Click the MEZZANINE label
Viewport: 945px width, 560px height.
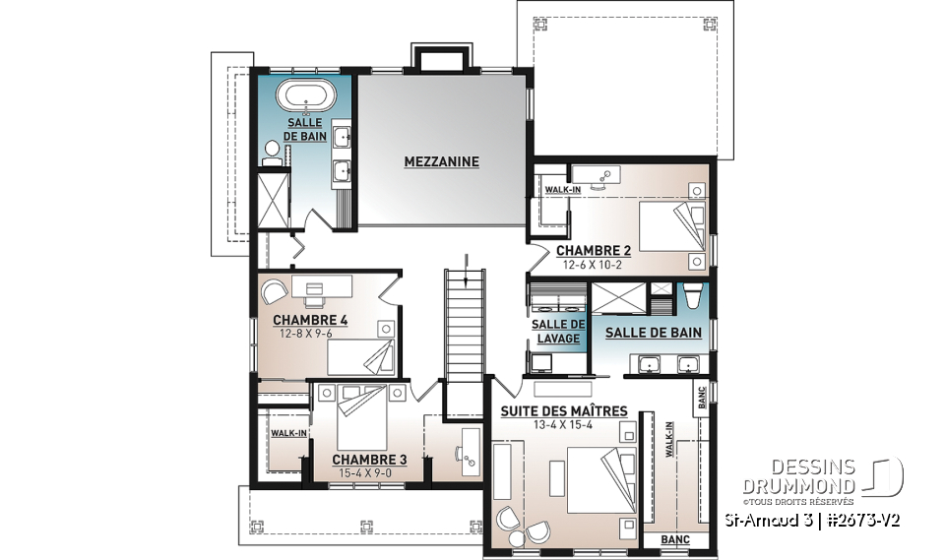point(441,161)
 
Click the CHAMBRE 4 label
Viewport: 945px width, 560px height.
point(310,320)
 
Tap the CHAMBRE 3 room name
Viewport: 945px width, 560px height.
point(369,460)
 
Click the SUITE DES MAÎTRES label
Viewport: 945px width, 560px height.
point(564,410)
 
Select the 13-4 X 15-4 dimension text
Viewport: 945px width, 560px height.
point(564,425)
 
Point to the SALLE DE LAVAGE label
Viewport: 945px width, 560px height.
point(556,332)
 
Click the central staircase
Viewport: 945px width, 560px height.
point(463,325)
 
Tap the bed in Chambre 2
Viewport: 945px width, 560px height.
point(673,227)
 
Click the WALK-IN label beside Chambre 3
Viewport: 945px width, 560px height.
point(289,433)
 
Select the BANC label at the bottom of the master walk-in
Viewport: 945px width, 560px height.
point(674,540)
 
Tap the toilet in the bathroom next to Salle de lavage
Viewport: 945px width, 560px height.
point(692,295)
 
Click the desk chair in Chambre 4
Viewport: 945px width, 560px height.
point(273,290)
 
